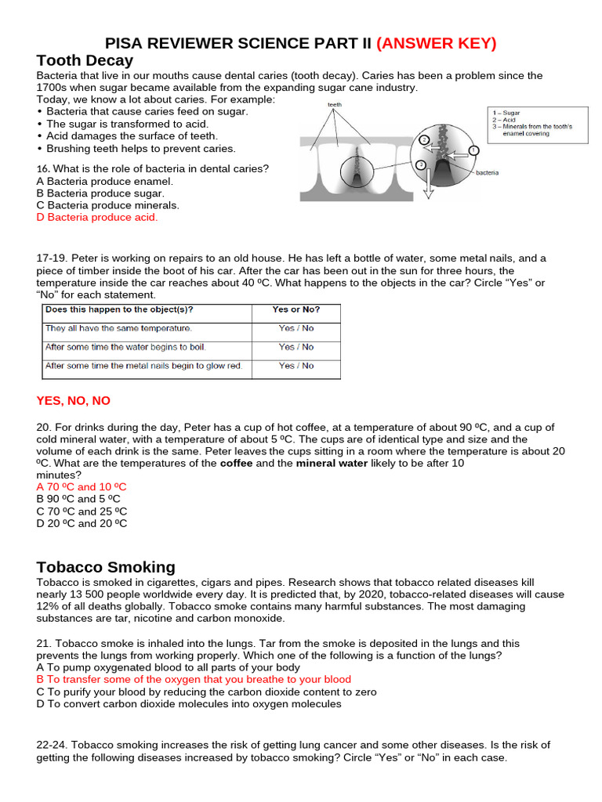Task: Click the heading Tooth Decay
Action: tap(85, 60)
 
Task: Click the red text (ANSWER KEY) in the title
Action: tap(437, 43)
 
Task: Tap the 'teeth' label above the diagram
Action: tap(335, 104)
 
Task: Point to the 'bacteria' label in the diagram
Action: tap(487, 172)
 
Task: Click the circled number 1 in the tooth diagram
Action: tap(473, 150)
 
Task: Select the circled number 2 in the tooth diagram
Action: tap(424, 139)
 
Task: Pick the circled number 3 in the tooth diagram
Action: tap(421, 164)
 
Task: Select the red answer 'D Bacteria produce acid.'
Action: tap(97, 218)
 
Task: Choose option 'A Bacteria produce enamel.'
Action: tap(104, 181)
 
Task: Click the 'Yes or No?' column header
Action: tap(296, 309)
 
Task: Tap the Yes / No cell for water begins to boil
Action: tap(296, 347)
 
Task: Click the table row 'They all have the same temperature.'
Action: tap(118, 328)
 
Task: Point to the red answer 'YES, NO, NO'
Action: tap(74, 400)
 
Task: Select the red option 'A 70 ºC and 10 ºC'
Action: tap(82, 486)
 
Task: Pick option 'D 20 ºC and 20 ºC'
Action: tap(82, 523)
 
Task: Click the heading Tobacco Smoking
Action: tap(106, 567)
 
